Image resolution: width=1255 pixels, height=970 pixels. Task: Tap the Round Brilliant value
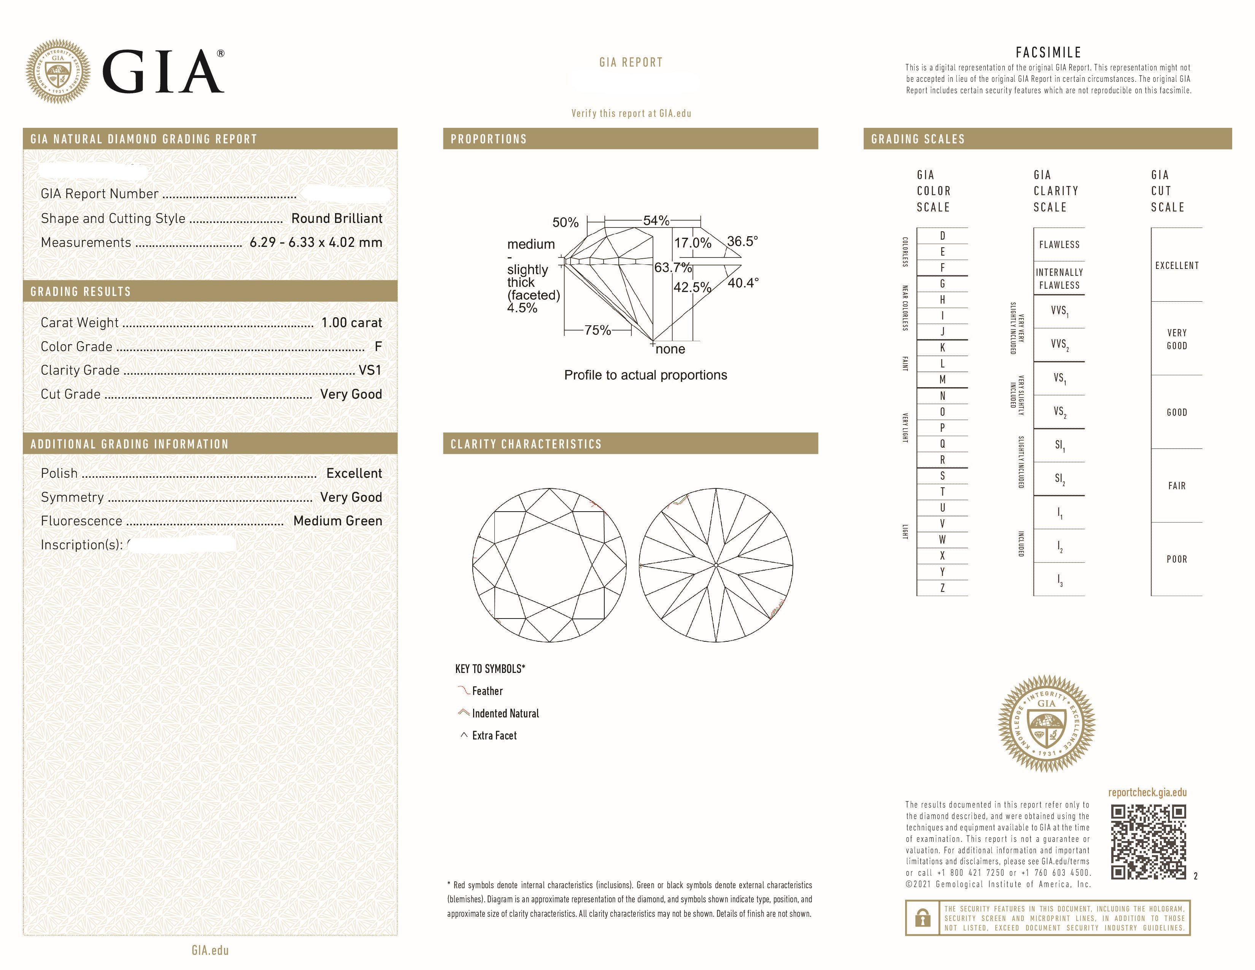336,218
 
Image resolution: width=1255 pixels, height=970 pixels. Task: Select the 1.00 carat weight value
351,322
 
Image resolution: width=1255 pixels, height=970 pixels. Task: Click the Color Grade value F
378,347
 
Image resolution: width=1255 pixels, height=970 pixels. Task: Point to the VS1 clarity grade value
370,370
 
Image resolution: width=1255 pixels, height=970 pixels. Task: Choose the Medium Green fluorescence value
337,521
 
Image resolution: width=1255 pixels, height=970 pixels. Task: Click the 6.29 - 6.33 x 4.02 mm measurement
316,243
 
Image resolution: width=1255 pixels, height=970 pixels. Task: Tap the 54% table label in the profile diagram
656,221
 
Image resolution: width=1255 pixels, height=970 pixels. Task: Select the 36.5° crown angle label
742,241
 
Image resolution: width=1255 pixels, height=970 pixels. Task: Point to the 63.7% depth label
672,268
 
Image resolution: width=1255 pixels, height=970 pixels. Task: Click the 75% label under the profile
597,331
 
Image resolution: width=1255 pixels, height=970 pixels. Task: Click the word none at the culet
670,349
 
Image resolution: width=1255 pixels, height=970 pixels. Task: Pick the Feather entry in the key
487,691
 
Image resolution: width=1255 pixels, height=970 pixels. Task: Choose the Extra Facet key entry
494,736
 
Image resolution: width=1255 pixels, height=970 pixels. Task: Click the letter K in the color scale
942,348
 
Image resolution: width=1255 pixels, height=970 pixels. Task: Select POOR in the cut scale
1176,559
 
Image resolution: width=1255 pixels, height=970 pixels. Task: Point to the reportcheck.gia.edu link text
1147,792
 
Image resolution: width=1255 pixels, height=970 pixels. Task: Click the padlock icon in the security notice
922,918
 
